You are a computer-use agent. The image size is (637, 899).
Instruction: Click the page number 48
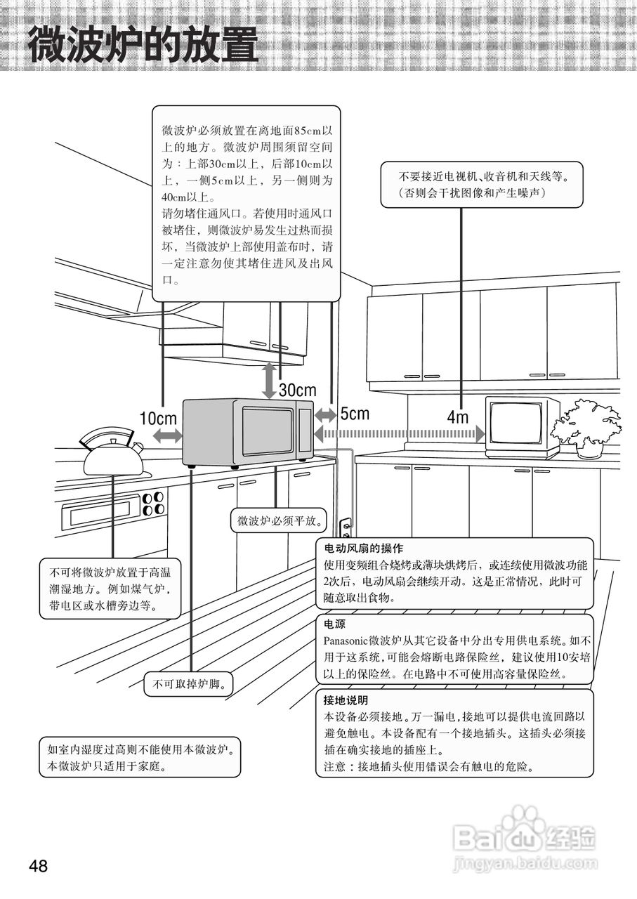[38, 865]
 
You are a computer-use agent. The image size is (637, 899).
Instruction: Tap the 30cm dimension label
[297, 390]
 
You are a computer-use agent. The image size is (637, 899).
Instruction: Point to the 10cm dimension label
[157, 419]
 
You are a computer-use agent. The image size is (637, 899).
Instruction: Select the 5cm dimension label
[355, 414]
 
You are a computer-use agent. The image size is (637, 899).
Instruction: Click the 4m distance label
[457, 417]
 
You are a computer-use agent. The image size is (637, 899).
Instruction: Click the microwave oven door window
[267, 431]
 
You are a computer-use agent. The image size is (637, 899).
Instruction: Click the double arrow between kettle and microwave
[166, 436]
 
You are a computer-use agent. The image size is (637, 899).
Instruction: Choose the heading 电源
[334, 624]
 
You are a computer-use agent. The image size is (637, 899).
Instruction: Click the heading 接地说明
[346, 701]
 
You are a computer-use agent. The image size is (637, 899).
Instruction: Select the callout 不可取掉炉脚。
[188, 685]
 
